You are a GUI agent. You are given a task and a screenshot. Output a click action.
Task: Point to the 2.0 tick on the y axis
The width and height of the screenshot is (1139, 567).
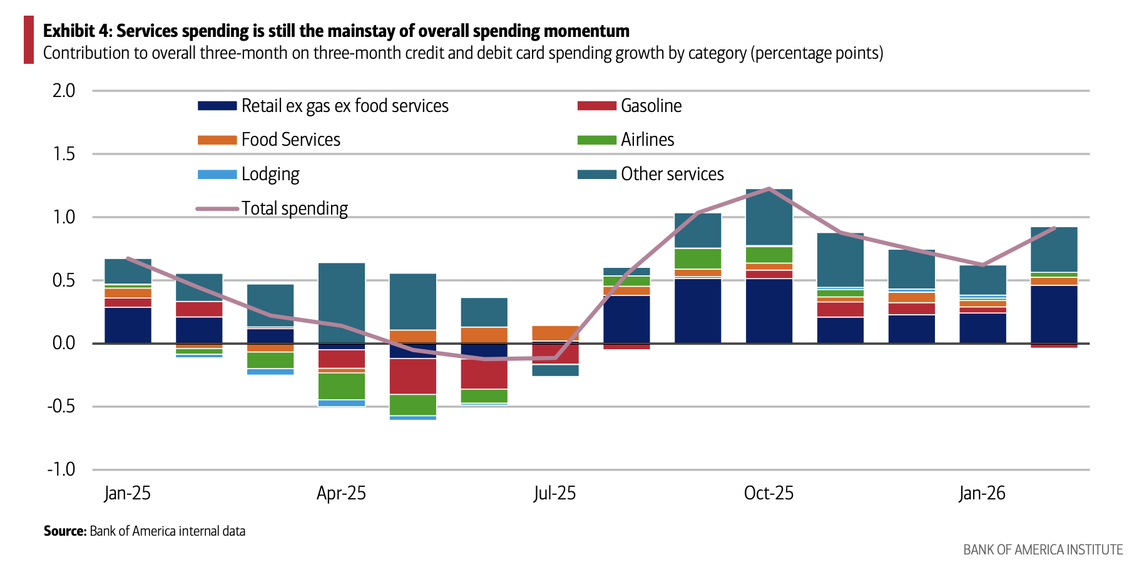click(x=64, y=91)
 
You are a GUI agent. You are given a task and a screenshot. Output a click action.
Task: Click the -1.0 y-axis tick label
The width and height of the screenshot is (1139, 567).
click(x=61, y=469)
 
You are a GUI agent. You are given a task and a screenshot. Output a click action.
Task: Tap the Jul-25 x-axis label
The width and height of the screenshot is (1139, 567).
click(x=554, y=493)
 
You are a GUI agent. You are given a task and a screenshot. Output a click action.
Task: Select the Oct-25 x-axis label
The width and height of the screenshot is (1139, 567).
click(x=769, y=493)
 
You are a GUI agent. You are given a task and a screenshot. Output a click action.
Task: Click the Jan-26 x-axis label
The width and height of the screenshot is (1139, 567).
click(x=982, y=493)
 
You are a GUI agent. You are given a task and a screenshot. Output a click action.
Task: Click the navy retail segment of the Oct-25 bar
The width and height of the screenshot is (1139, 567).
click(x=769, y=310)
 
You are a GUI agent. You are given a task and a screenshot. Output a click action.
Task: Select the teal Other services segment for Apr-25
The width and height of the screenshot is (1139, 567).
click(x=342, y=303)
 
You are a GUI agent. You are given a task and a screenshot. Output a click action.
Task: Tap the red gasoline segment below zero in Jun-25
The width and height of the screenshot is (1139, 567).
click(x=484, y=374)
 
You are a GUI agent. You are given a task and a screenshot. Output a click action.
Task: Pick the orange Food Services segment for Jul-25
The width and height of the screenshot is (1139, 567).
click(x=555, y=333)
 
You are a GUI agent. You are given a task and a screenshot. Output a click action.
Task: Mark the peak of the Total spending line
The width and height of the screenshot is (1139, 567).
click(x=769, y=188)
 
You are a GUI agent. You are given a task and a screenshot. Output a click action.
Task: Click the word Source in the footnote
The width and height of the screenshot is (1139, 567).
click(x=64, y=531)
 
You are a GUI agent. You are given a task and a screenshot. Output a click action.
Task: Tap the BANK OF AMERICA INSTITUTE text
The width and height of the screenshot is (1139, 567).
click(x=1043, y=549)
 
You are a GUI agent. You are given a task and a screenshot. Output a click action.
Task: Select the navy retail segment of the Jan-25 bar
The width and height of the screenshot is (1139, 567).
click(x=128, y=325)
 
